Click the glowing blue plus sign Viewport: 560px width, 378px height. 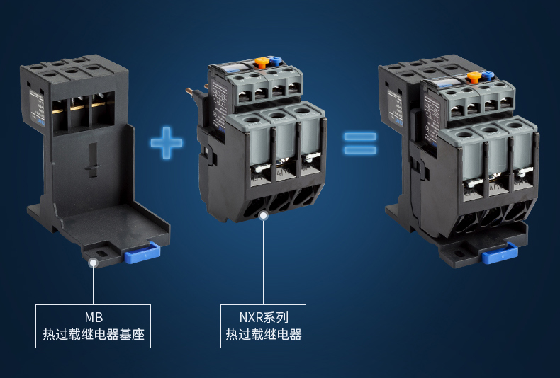coord(167,143)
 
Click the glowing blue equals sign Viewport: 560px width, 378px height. coord(360,144)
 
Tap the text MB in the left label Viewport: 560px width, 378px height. coord(94,317)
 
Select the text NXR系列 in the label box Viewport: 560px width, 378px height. coord(264,317)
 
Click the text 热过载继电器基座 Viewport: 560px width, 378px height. coord(94,335)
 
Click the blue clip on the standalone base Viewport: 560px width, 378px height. coord(142,253)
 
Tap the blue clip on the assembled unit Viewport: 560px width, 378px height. coord(500,253)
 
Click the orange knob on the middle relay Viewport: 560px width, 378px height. coord(262,62)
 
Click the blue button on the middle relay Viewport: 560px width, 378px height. coord(276,61)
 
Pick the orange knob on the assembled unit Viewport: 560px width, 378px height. coord(474,77)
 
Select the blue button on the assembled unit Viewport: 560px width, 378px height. coord(488,76)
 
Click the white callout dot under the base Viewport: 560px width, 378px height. coord(94,263)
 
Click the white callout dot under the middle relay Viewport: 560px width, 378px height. coord(264,215)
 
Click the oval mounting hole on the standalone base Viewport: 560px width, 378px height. coord(101,253)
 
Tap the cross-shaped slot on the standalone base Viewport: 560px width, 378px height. coord(93,160)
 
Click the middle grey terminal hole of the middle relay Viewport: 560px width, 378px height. coord(276,115)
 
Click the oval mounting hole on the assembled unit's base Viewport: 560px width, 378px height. coord(459,253)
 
